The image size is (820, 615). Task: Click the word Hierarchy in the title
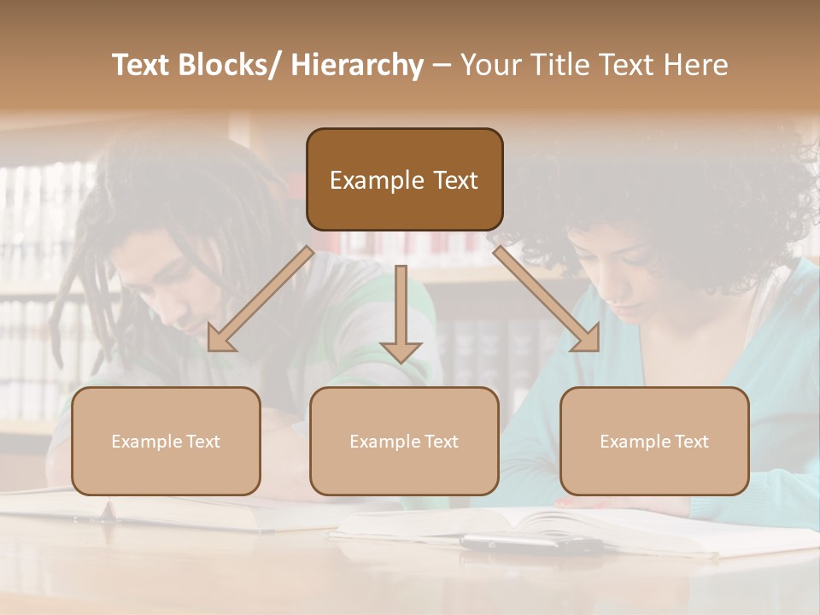[357, 66]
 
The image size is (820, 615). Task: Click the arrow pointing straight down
[401, 312]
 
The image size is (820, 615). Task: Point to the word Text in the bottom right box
[691, 442]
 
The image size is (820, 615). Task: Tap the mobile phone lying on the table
[530, 543]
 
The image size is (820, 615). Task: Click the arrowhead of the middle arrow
[401, 350]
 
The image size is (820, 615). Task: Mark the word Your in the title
[489, 66]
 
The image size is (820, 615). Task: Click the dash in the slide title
[442, 66]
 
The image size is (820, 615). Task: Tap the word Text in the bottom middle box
[441, 442]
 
